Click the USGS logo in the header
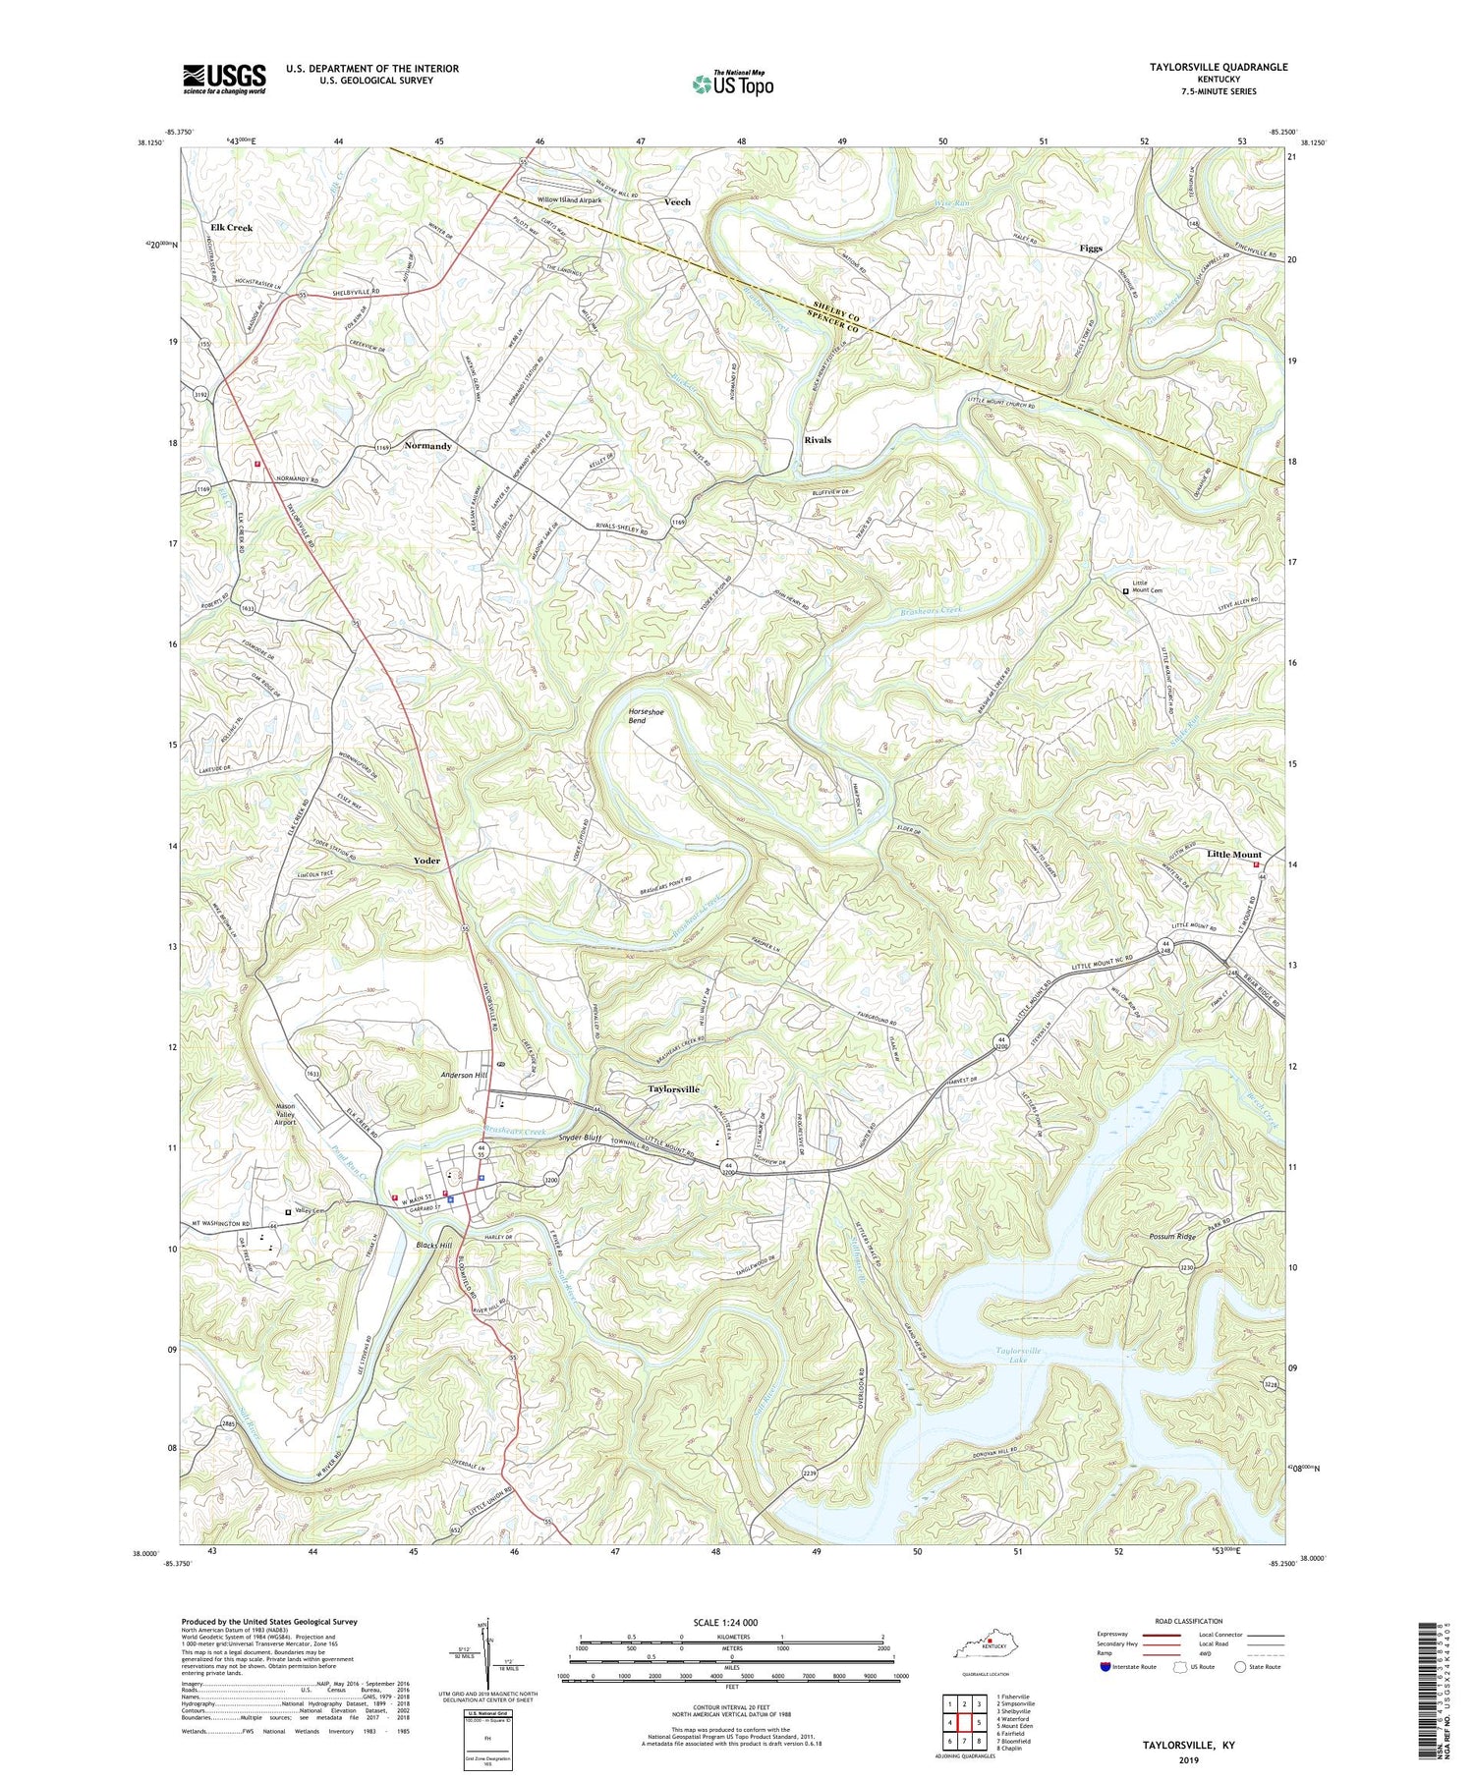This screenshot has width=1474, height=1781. [x=224, y=79]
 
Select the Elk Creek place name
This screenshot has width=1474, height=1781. [x=231, y=227]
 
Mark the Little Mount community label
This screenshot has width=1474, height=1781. [x=1233, y=855]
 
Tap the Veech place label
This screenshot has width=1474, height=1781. [x=677, y=201]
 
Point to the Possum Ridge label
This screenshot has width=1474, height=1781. [x=1171, y=1236]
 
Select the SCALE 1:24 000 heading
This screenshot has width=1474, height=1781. [x=730, y=1622]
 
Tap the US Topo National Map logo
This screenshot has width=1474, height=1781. [x=732, y=83]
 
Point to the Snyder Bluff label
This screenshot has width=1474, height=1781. [x=579, y=1138]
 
